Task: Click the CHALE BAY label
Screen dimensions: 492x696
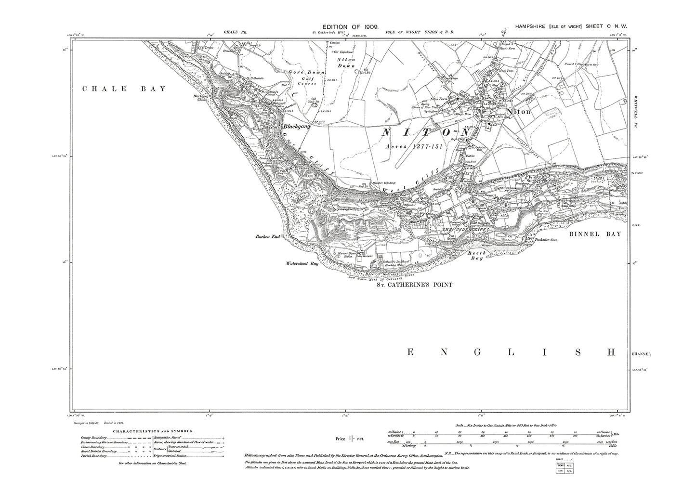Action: [x=124, y=89]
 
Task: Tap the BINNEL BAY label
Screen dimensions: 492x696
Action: [x=595, y=234]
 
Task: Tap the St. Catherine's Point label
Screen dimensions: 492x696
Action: [x=414, y=285]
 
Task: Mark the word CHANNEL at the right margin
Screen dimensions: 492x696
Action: [x=641, y=354]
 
